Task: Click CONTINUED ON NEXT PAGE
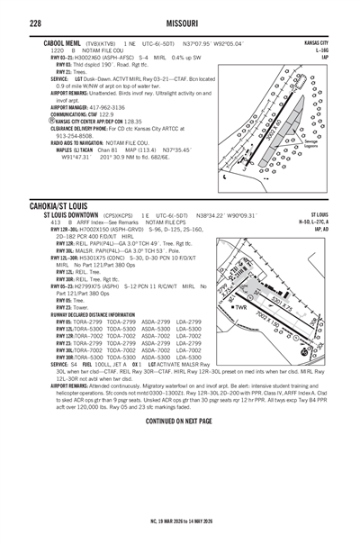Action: click(180, 422)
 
